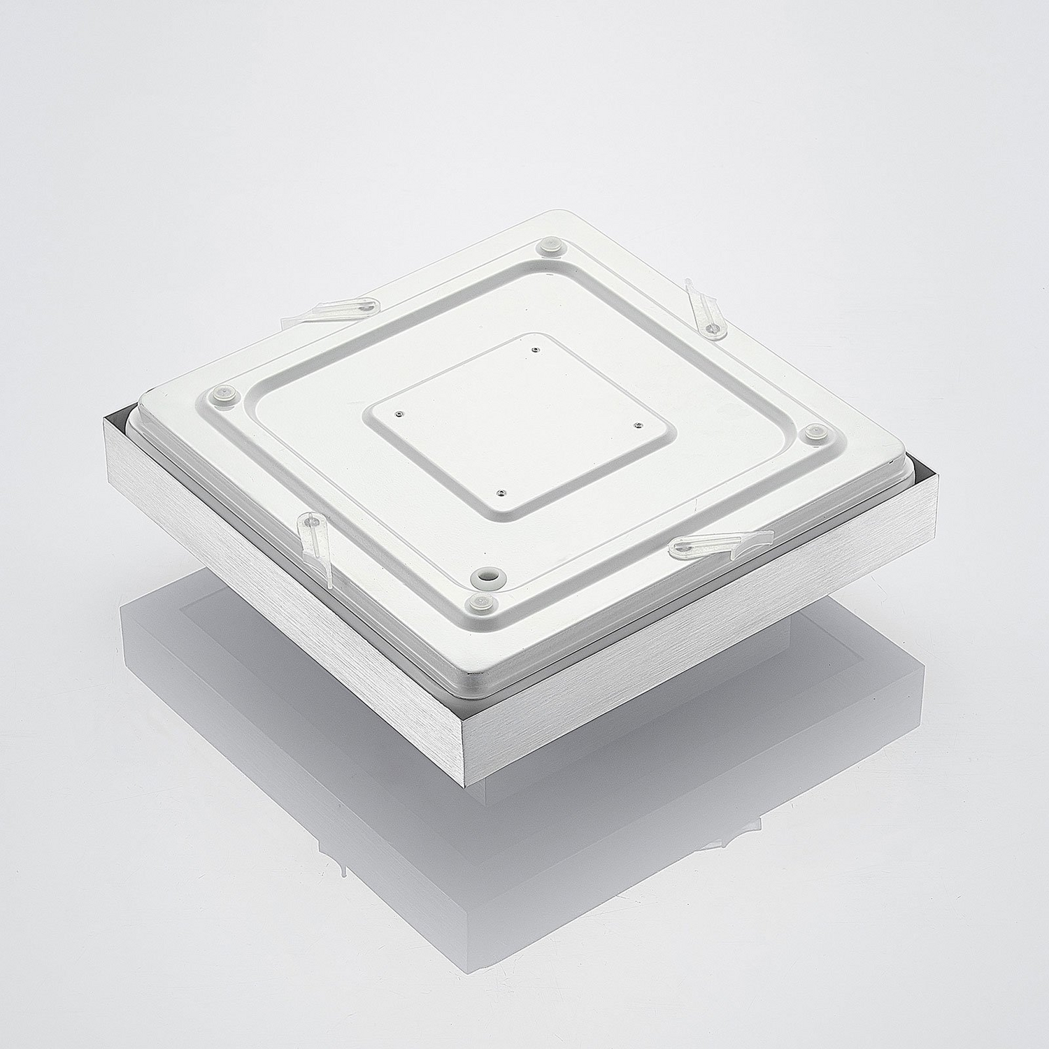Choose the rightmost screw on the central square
click(x=636, y=424)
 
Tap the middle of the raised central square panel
click(x=516, y=421)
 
